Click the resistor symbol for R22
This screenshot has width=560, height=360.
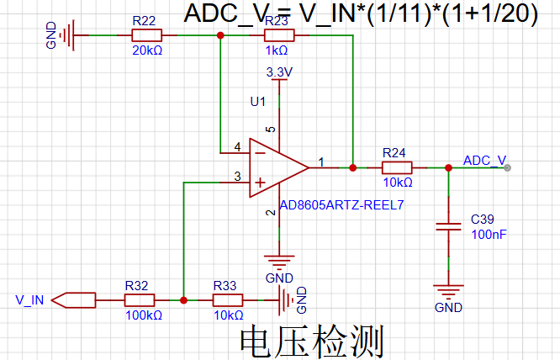coord(147,35)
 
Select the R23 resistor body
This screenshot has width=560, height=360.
coord(279,35)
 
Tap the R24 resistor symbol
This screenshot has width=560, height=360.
coord(397,167)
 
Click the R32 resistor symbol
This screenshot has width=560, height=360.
coord(140,300)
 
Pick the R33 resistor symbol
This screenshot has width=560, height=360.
coord(228,300)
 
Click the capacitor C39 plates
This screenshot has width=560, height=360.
coord(448,226)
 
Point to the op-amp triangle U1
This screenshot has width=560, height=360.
coord(279,168)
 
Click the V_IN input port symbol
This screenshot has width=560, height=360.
coord(73,300)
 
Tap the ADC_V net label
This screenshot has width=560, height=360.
coord(484,161)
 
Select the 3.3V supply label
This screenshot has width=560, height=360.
coord(279,72)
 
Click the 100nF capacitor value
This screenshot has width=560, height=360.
coord(489,235)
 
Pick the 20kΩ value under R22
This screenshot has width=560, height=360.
coord(147,50)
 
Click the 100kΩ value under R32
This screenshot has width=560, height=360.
coord(144,315)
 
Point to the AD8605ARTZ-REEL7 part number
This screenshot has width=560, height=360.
coord(341,205)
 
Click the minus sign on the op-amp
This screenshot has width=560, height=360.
coord(261,153)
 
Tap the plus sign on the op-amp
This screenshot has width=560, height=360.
coord(261,183)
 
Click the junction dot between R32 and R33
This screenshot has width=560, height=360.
coord(183,300)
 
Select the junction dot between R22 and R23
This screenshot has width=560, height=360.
coord(220,35)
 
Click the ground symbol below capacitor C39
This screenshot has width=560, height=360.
coord(448,291)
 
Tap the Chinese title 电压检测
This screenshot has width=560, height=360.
coord(312,341)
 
